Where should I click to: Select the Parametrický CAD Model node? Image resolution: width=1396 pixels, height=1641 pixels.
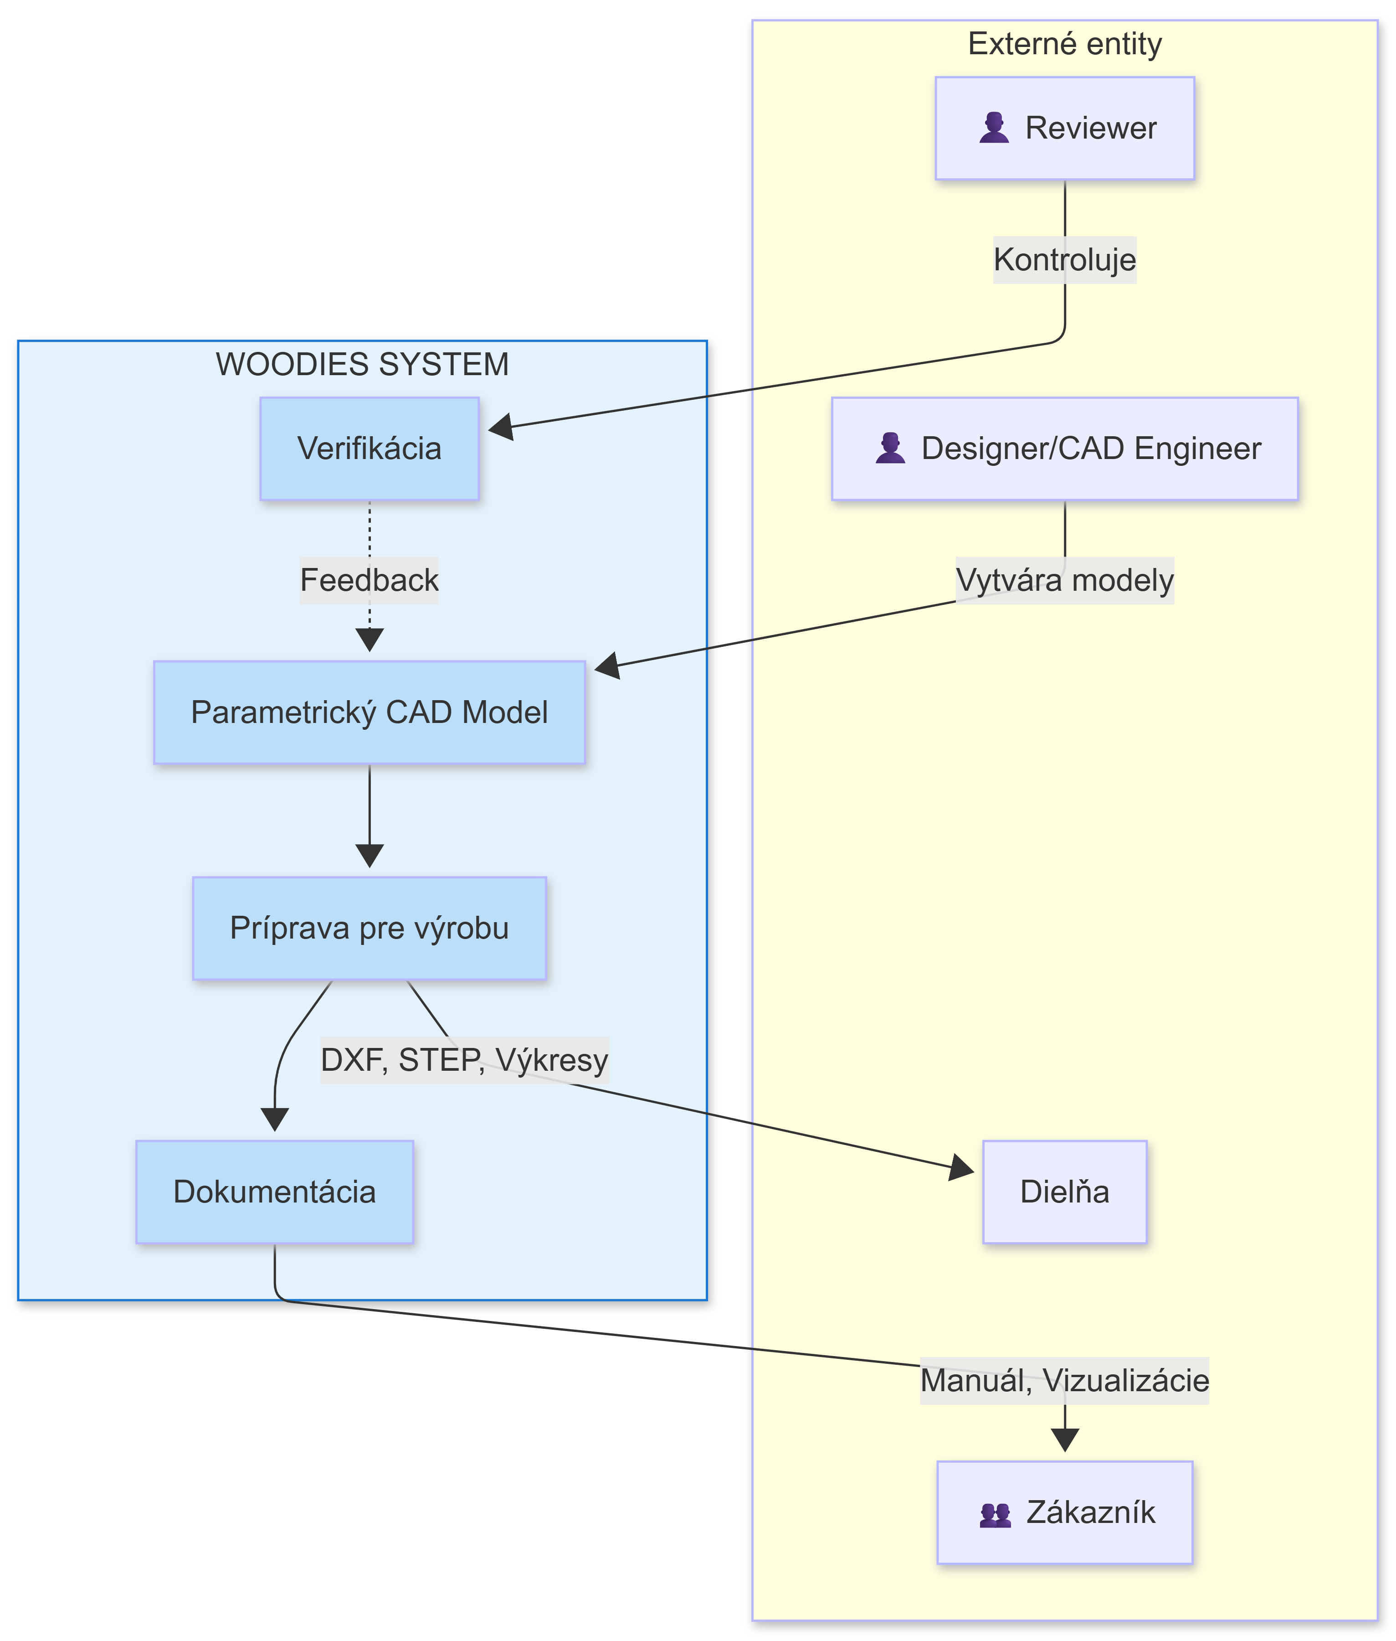tap(370, 712)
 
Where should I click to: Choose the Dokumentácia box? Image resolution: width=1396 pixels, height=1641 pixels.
tap(275, 1192)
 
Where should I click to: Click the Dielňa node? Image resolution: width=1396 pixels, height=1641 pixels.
tap(1064, 1192)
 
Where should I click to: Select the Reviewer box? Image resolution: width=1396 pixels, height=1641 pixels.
tap(1064, 128)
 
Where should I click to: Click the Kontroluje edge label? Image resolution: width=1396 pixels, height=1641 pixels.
tap(1064, 260)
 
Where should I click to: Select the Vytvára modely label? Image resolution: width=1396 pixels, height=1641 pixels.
tap(1064, 580)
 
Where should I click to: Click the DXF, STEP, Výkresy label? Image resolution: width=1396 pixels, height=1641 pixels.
tap(465, 1060)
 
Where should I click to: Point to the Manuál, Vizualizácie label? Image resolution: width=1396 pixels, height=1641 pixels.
tap(1064, 1381)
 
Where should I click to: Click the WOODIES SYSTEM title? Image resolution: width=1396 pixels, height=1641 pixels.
tap(363, 364)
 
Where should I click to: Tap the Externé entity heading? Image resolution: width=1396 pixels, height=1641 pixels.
tap(1064, 44)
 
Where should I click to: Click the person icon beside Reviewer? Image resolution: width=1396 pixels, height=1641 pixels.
tap(994, 128)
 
